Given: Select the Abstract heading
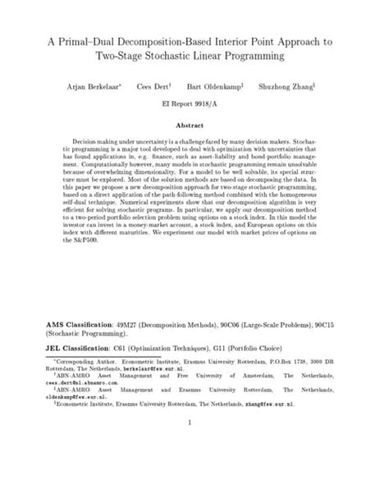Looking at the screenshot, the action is tap(194, 125).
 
